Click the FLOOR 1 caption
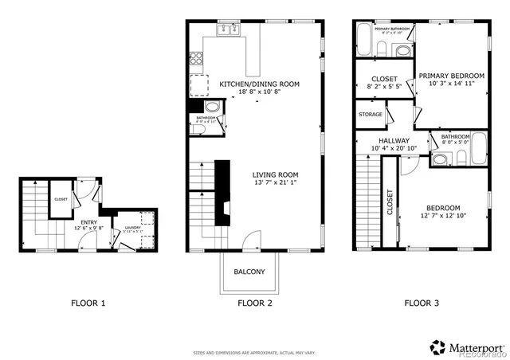pos(88,303)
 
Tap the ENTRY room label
pos(88,223)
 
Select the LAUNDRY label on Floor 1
pos(131,228)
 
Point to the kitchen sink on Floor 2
pos(228,31)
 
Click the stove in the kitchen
pos(196,57)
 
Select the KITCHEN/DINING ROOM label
pos(259,83)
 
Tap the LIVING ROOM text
pos(276,175)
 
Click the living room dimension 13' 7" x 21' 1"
pos(276,184)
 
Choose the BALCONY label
pos(249,272)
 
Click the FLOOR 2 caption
pos(255,303)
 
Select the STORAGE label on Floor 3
pos(371,115)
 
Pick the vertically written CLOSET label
pos(390,202)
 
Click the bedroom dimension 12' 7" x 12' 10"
pos(442,215)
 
